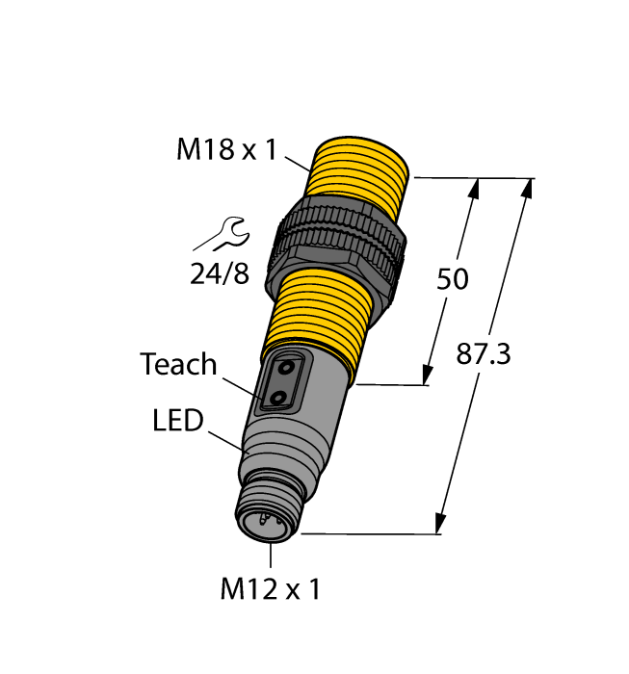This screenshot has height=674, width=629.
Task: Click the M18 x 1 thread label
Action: point(225,149)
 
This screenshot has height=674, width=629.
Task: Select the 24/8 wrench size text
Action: point(219,275)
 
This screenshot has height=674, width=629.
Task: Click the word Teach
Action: point(178,364)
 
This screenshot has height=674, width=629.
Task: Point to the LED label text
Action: point(178,421)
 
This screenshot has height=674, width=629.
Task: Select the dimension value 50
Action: point(452,279)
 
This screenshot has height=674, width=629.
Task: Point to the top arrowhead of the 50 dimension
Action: point(473,190)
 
